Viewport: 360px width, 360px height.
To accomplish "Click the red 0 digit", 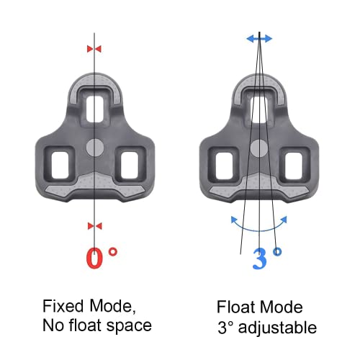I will (x=94, y=258).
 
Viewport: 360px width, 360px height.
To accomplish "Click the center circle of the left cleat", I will (x=94, y=148).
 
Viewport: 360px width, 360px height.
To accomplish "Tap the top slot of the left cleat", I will (x=94, y=109).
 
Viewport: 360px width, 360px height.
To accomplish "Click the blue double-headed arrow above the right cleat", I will (x=258, y=39).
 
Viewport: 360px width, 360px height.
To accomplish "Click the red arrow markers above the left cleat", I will (x=94, y=48).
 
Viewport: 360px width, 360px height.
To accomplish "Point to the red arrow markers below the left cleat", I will (x=94, y=225).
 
